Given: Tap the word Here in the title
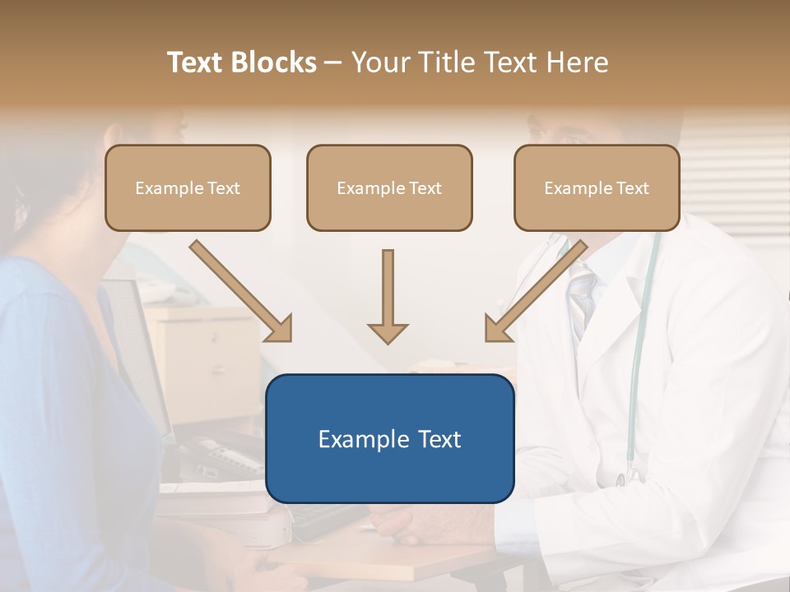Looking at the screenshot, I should point(577,62).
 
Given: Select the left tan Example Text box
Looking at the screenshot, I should point(188,188).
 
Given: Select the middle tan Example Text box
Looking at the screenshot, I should point(389,188).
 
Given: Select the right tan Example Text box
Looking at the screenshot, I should point(597,188).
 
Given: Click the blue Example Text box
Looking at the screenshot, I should point(389,438).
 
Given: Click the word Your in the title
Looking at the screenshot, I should point(380,62).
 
